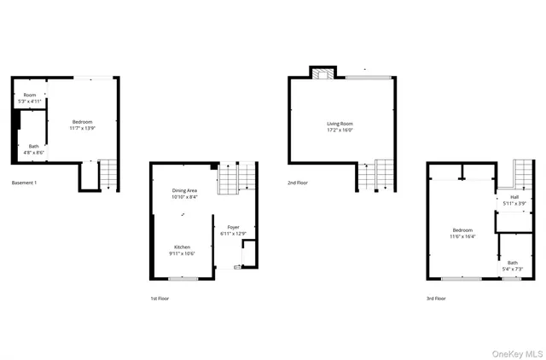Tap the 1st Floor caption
(x=160, y=299)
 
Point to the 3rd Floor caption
(x=435, y=299)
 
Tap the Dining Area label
(x=185, y=191)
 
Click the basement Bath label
(x=33, y=146)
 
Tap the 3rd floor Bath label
(x=512, y=263)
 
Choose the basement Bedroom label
(x=82, y=122)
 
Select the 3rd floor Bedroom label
(x=462, y=230)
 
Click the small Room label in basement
(x=30, y=95)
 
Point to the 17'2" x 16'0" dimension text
(x=340, y=131)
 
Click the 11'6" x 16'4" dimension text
(x=462, y=236)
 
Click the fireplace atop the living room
(x=323, y=73)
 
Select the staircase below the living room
(x=376, y=176)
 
